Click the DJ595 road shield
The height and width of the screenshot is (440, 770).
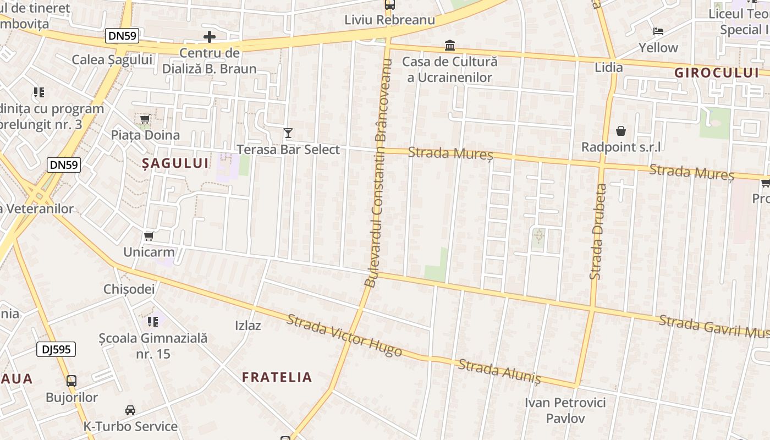pos(56,349)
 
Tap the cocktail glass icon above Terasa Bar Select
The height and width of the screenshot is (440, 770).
pos(288,133)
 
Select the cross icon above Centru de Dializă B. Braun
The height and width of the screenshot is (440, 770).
pos(210,37)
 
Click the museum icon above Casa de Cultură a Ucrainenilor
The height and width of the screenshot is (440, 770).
pos(450,45)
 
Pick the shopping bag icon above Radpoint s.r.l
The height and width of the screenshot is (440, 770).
pos(621,131)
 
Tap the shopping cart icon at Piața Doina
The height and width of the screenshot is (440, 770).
pos(145,119)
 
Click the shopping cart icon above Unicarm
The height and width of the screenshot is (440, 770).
pos(148,237)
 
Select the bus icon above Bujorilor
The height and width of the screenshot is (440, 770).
pos(71,381)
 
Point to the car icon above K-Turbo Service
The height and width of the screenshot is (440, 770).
pos(130,410)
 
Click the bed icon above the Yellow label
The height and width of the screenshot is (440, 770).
pos(658,31)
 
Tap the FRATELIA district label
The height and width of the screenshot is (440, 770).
pos(277,377)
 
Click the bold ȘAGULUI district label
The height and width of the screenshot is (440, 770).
pos(175,163)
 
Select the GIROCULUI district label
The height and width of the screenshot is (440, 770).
pos(717,73)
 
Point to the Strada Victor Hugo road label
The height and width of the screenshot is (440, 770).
pos(344,335)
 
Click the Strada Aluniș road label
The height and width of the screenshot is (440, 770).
pos(499,372)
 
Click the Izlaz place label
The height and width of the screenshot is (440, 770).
pos(248,325)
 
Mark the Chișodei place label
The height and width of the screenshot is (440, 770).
pos(129,289)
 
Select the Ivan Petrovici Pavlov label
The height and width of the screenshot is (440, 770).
pos(565,410)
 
